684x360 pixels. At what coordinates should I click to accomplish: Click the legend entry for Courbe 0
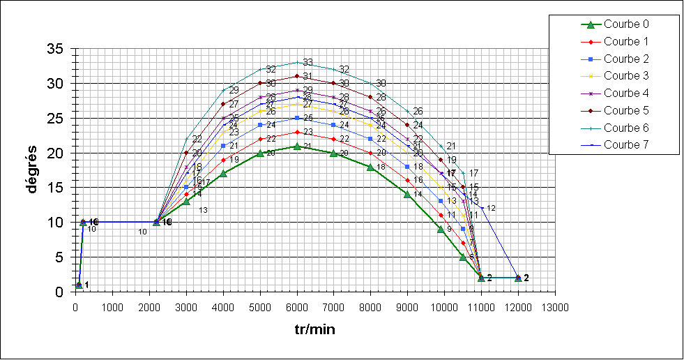[620, 24]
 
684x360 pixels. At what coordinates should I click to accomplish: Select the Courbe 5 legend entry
[620, 110]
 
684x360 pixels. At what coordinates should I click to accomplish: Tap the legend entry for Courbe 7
[620, 145]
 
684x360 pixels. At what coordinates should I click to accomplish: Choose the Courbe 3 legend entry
[620, 76]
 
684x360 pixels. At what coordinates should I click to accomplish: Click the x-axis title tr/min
[315, 328]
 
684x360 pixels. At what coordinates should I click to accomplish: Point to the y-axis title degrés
[32, 170]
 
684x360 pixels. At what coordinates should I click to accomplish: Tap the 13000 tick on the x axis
[555, 307]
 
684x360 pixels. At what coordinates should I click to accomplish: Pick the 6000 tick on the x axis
[297, 307]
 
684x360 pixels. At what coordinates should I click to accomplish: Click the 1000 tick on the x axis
[112, 307]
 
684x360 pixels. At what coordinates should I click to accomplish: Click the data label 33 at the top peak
[307, 63]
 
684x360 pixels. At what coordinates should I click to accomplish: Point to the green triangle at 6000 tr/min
[297, 146]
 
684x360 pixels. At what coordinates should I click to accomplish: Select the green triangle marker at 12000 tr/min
[518, 278]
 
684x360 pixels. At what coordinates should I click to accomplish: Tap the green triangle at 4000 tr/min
[223, 174]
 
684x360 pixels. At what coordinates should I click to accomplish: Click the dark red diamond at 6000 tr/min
[297, 76]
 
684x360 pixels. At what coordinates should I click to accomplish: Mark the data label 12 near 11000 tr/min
[491, 208]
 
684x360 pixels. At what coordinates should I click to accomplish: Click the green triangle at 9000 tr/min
[407, 195]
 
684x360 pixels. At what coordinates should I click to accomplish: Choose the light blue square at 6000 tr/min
[297, 118]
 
